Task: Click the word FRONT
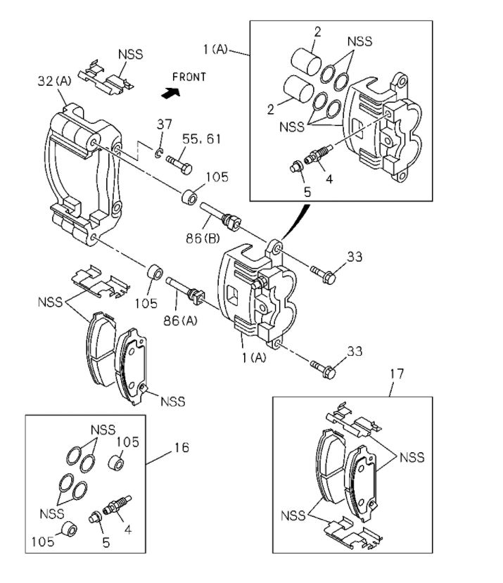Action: click(189, 77)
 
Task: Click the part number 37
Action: click(164, 124)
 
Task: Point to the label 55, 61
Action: click(202, 139)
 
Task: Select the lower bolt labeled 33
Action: click(322, 365)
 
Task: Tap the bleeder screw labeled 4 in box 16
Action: click(115, 506)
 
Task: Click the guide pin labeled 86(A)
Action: click(185, 290)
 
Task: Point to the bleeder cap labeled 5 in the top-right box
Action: click(296, 166)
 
